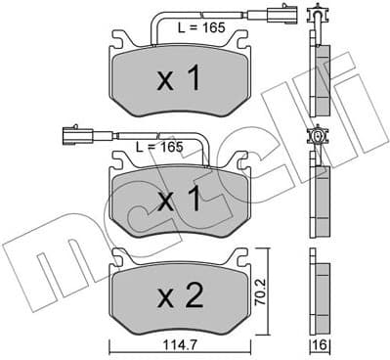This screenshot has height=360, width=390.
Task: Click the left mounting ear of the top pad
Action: tap(117, 42)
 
